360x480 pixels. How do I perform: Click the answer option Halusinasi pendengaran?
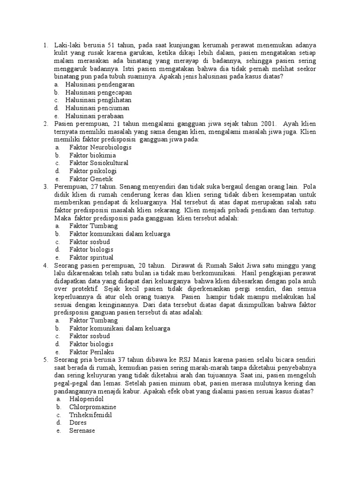click(100, 84)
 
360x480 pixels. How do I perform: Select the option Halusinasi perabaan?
click(95, 116)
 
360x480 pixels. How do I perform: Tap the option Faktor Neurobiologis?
click(100, 147)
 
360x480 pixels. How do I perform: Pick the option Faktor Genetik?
click(91, 179)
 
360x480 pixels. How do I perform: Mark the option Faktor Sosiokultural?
click(98, 163)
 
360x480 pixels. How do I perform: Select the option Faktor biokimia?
click(92, 155)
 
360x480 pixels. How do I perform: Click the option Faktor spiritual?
click(91, 257)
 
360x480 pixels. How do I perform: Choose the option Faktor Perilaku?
click(91, 352)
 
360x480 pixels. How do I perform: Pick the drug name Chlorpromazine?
click(93, 407)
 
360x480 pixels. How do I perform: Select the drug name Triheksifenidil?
click(90, 415)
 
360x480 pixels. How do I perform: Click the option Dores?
click(78, 423)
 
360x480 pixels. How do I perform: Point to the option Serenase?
click(82, 431)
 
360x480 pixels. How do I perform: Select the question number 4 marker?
click(45, 265)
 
